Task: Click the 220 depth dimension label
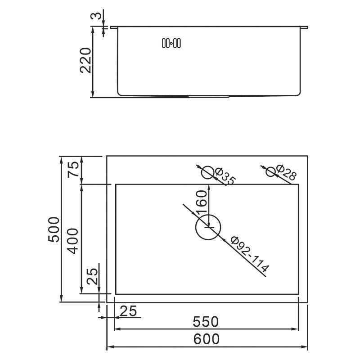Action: point(85,60)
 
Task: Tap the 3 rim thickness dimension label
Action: point(96,16)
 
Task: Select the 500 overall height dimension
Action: point(54,229)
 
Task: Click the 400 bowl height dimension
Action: point(73,241)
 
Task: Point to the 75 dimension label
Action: point(73,170)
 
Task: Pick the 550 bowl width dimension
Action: point(206,322)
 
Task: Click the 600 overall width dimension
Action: point(206,339)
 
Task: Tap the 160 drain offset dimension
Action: point(202,202)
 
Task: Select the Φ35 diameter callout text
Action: point(225,176)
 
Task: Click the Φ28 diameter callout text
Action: point(286,172)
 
